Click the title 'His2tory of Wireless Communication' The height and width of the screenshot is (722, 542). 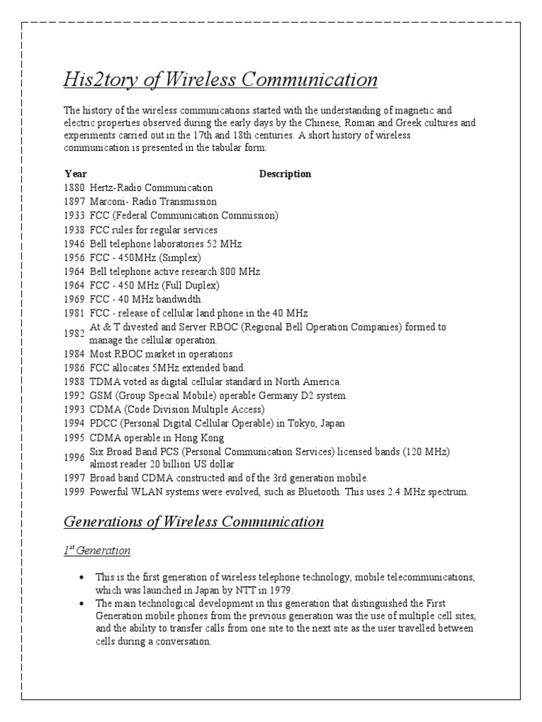(x=220, y=80)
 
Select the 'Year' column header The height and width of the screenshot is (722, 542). (x=76, y=173)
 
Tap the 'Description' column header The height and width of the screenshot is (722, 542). (x=285, y=173)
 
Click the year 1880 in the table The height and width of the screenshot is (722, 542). (x=74, y=188)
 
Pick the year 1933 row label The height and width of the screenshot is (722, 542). (x=74, y=216)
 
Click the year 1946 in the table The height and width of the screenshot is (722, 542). (x=74, y=244)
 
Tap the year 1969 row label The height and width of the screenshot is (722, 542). (x=74, y=299)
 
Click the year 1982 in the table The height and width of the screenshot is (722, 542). (x=74, y=334)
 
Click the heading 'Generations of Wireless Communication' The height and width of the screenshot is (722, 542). (x=193, y=522)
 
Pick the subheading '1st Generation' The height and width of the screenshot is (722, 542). (x=97, y=550)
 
